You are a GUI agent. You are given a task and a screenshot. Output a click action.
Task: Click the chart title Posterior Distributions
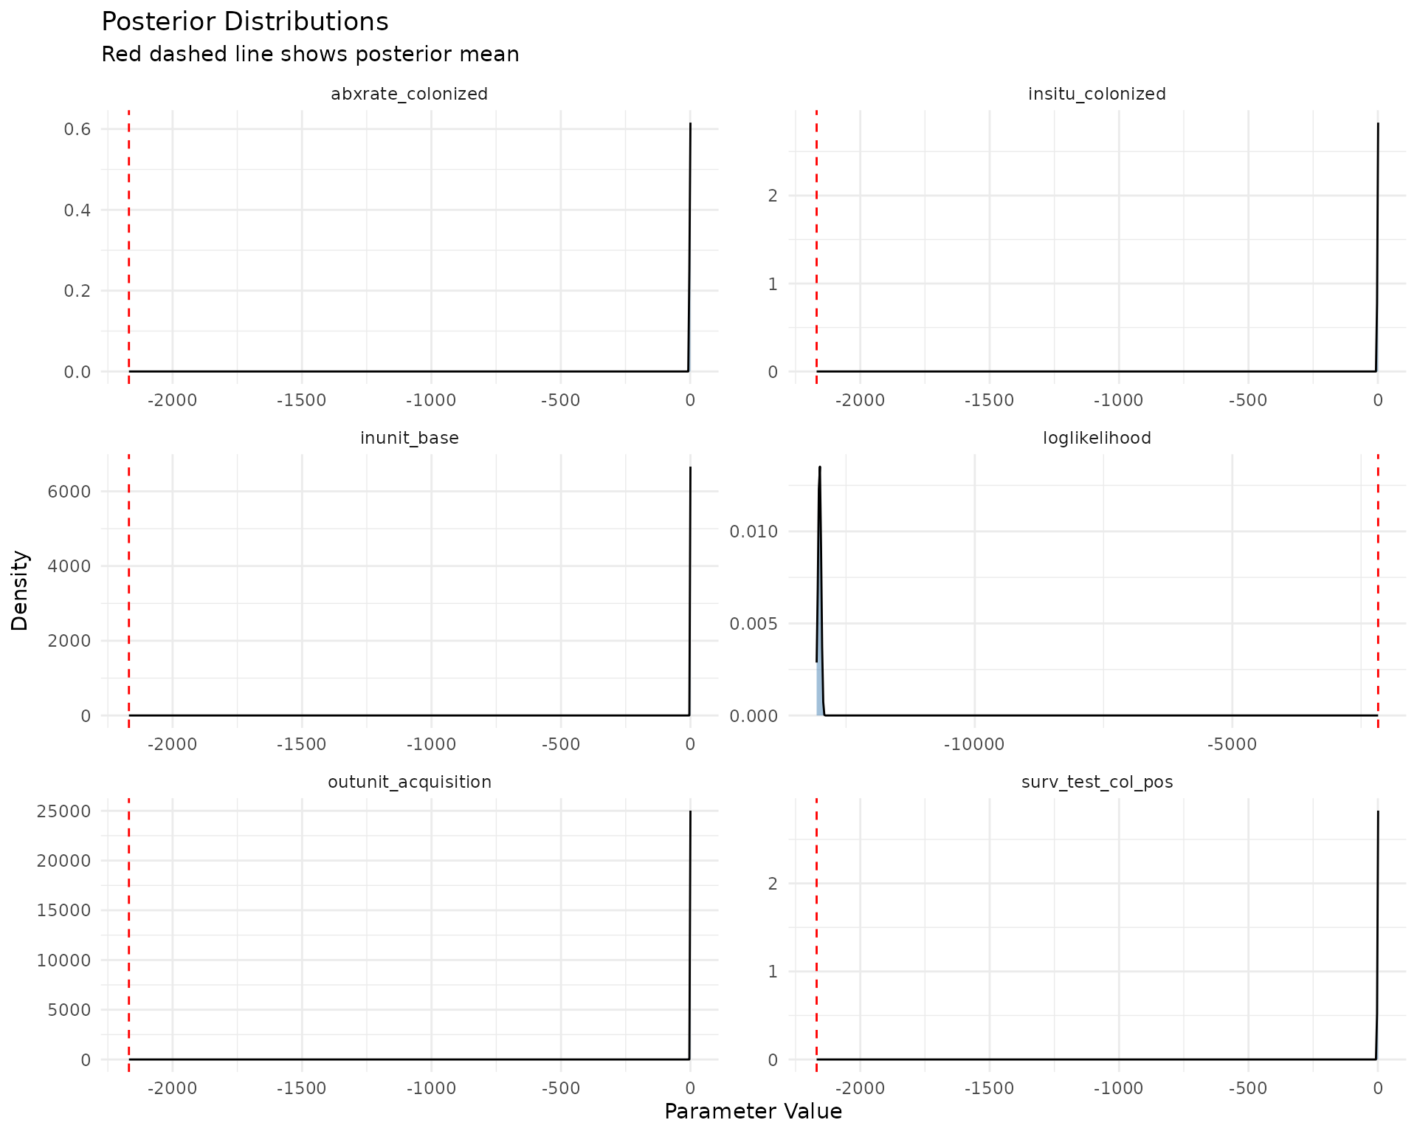[244, 22]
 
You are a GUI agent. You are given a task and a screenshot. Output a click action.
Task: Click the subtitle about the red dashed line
[310, 55]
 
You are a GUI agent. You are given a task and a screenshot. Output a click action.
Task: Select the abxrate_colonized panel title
[409, 94]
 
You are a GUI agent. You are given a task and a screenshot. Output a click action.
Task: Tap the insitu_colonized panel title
[1097, 94]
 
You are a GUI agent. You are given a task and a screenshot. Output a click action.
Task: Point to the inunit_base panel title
[409, 439]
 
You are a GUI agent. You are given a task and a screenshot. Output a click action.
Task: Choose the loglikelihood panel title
[1097, 439]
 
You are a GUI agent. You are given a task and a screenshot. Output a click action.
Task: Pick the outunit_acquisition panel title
[409, 783]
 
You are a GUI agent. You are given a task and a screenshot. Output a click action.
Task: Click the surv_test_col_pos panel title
[1097, 783]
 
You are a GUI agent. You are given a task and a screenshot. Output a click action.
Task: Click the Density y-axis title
[20, 591]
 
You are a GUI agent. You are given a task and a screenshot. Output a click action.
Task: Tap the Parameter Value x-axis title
[753, 1112]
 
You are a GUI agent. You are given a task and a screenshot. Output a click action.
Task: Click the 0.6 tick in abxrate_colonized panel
[77, 130]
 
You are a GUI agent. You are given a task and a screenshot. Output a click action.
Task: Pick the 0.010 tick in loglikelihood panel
[754, 532]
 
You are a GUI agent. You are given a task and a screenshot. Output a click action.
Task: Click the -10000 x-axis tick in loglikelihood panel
[974, 745]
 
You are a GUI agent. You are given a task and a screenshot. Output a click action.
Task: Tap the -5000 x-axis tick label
[1232, 745]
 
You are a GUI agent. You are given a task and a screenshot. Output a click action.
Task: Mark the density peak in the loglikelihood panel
[820, 467]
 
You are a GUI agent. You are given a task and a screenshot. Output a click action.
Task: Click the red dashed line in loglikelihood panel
[1378, 591]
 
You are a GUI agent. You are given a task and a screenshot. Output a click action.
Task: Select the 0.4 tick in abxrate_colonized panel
[77, 210]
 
